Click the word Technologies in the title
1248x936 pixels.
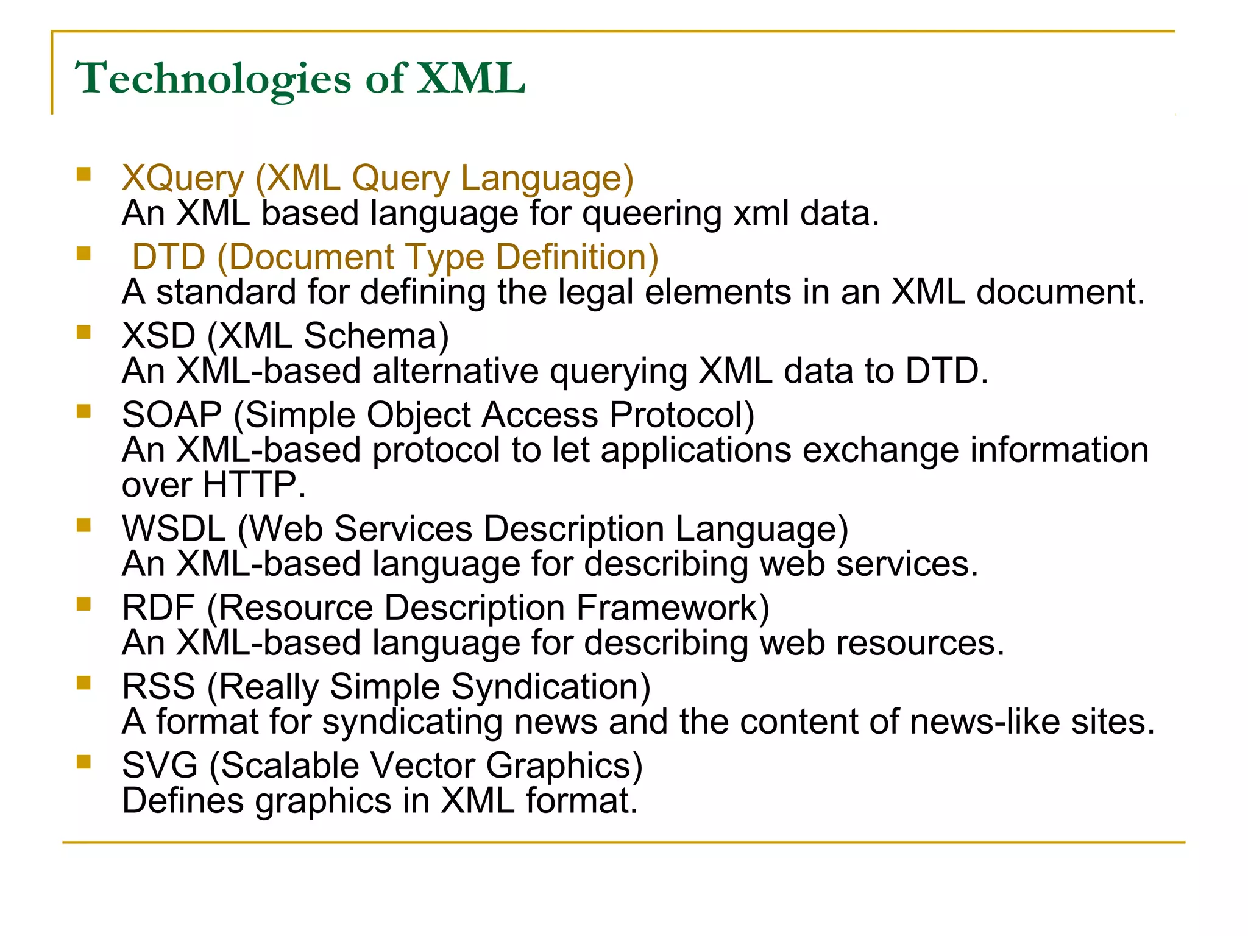(x=213, y=79)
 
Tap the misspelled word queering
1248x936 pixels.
(x=651, y=214)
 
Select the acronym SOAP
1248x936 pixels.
(x=172, y=415)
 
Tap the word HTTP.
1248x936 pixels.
(x=250, y=485)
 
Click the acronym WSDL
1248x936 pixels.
(x=174, y=528)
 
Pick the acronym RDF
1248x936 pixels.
(x=158, y=608)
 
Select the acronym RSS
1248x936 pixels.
(x=158, y=687)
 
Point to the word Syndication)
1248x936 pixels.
(x=551, y=687)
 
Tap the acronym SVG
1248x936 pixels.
(x=160, y=765)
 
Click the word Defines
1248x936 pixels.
(x=183, y=801)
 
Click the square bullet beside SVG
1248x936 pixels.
(x=83, y=762)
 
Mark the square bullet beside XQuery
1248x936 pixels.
(x=83, y=175)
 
